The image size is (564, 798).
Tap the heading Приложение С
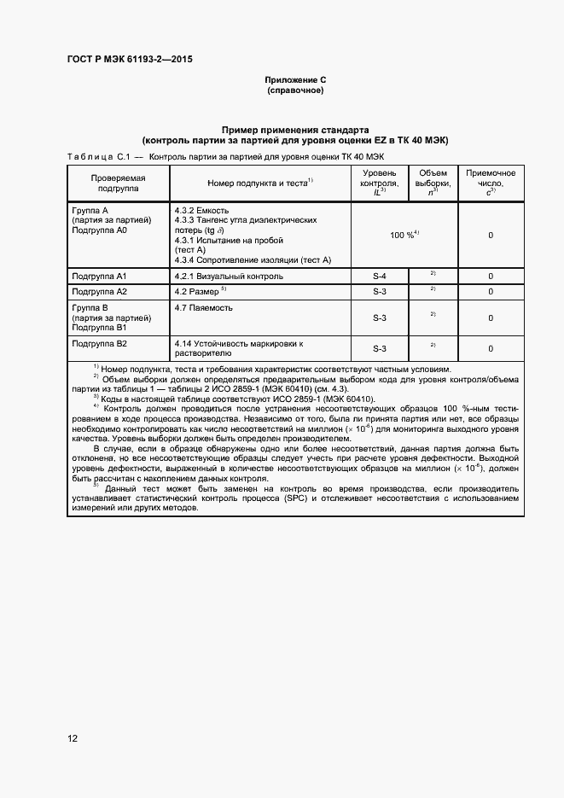pos(295,79)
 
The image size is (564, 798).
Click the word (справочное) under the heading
pos(295,90)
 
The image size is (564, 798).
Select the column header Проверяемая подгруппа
pos(119,183)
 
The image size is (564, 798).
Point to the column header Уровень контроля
pos(380,183)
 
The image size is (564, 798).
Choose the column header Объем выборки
pos(433,183)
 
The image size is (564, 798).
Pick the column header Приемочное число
pos(491,183)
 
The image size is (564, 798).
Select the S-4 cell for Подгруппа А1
pos(380,277)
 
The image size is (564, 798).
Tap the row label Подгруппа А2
pos(99,292)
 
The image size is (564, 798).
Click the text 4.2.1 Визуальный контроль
pos(229,277)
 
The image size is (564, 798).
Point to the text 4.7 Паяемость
pos(203,307)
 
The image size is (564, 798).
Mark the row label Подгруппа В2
pos(99,343)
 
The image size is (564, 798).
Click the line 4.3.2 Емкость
pos(201,210)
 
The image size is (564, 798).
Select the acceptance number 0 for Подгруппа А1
pos(491,277)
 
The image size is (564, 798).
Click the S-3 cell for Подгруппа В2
pos(380,348)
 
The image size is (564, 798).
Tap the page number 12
pos(73,737)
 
